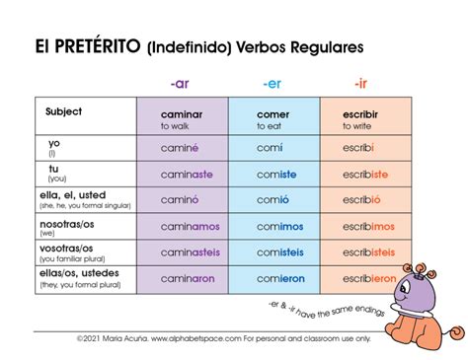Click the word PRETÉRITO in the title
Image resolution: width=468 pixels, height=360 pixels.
click(102, 45)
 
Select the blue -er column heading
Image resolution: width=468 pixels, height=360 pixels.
click(272, 83)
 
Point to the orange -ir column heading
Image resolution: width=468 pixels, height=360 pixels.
click(361, 83)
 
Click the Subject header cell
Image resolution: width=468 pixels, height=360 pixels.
click(63, 111)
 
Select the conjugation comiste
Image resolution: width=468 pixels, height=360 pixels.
click(273, 173)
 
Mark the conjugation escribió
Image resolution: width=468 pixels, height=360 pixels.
click(361, 199)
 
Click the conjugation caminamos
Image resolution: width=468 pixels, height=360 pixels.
click(191, 225)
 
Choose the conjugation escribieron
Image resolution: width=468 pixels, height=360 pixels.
click(368, 278)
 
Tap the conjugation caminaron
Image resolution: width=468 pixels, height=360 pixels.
click(188, 278)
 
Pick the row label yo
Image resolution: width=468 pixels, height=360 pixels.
click(54, 143)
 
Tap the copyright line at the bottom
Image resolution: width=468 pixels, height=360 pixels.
click(233, 336)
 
